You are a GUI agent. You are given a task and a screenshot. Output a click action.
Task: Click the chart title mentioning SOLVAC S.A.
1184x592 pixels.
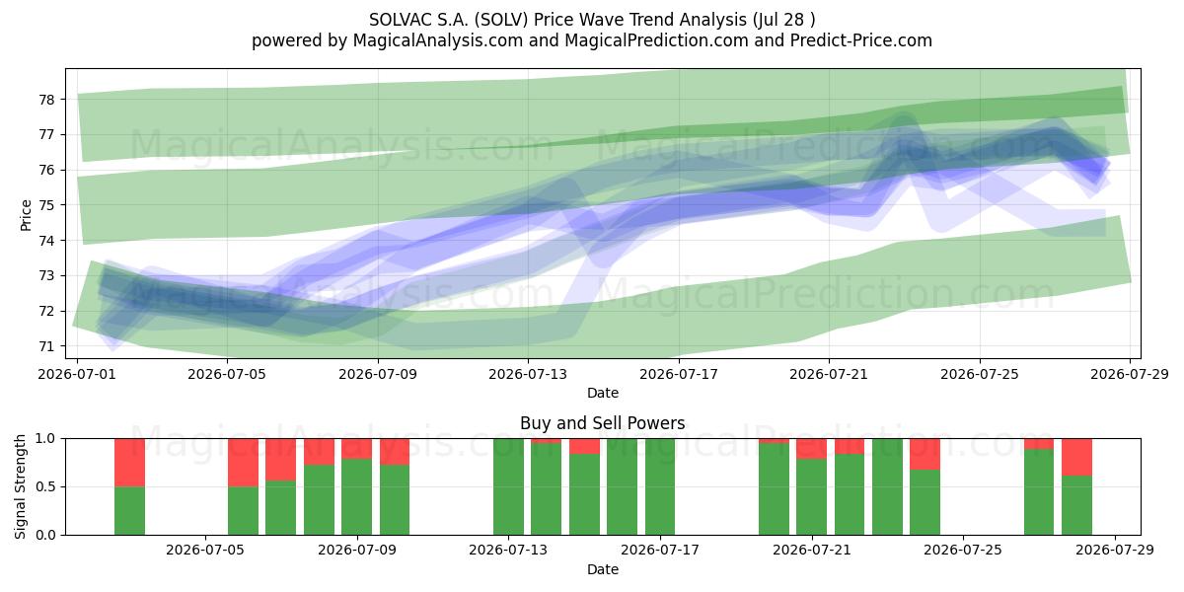pyautogui.click(x=592, y=20)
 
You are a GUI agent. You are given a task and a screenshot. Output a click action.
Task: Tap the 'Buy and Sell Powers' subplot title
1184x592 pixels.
pyautogui.click(x=603, y=423)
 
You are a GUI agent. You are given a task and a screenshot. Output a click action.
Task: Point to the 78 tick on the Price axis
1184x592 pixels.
pyautogui.click(x=46, y=100)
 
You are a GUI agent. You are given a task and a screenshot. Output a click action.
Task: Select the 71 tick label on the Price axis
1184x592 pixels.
pyautogui.click(x=46, y=346)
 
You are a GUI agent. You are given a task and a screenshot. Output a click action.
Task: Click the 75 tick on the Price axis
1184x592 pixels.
pyautogui.click(x=46, y=205)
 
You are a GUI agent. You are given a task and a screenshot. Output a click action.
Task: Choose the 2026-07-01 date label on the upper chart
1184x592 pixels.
pyautogui.click(x=77, y=374)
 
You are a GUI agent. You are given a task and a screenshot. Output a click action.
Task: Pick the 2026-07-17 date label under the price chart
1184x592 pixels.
pyautogui.click(x=679, y=374)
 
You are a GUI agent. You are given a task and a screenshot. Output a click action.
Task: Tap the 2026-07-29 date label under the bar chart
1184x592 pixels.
pyautogui.click(x=1115, y=551)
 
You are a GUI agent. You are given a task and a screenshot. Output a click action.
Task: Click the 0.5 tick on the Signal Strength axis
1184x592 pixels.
pyautogui.click(x=46, y=486)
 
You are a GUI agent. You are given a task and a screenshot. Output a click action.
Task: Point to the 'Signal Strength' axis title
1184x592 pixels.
pyautogui.click(x=20, y=486)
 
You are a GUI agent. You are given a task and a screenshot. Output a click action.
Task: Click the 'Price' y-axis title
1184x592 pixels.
pyautogui.click(x=26, y=215)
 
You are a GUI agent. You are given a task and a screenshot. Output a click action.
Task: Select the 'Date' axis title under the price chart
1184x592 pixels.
pyautogui.click(x=603, y=393)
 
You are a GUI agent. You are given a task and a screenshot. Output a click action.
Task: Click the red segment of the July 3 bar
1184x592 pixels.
pyautogui.click(x=129, y=463)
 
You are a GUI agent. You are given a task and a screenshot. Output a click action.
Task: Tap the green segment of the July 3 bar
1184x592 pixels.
pyautogui.click(x=129, y=511)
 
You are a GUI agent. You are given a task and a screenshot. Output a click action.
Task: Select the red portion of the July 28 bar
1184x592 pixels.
pyautogui.click(x=1076, y=457)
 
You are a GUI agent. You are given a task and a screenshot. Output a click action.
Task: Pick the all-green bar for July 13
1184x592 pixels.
pyautogui.click(x=508, y=486)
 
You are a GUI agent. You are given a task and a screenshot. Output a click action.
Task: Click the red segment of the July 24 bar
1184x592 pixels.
pyautogui.click(x=925, y=454)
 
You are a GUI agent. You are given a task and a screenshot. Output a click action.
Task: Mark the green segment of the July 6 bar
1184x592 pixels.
pyautogui.click(x=243, y=511)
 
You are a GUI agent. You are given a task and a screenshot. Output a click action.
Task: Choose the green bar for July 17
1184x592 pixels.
pyautogui.click(x=660, y=486)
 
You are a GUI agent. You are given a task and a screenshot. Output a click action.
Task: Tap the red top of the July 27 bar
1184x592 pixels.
pyautogui.click(x=1039, y=444)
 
